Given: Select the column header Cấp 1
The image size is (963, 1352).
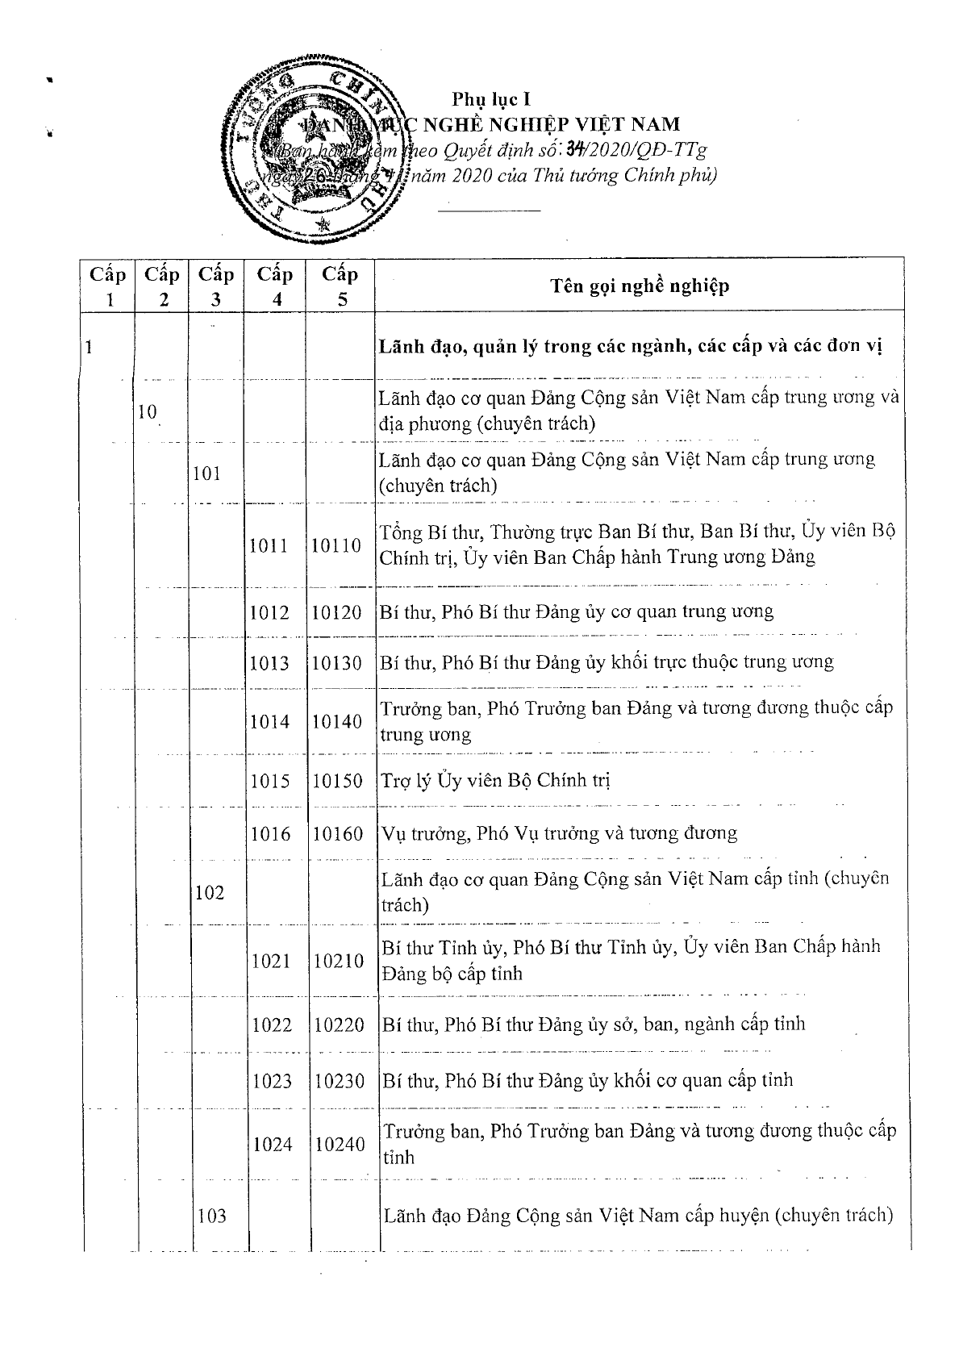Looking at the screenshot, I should pos(107,286).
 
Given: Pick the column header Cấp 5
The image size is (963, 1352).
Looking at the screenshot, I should pos(340,286).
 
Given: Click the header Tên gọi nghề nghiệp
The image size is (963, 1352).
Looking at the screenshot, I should pos(640,286).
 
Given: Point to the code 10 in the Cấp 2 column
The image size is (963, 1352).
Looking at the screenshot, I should pos(147,412).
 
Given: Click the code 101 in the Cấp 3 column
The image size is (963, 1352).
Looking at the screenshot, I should pos(207,473).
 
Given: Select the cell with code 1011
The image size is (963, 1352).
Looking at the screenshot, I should pos(269,545).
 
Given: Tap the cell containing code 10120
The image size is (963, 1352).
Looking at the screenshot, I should pos(336,612).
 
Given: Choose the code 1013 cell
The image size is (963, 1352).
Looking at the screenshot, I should pos(269,663).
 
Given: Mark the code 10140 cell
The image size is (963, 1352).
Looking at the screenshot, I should pos(336,721).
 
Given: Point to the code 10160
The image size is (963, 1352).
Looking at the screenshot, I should pos(337,833).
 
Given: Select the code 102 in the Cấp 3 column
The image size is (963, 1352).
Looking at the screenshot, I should pos(210,893).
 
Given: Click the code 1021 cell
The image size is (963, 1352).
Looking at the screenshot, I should pos(272,960).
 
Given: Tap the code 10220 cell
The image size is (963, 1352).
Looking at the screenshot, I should pos(339,1025).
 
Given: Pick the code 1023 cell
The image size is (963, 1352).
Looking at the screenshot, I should pos(272,1081).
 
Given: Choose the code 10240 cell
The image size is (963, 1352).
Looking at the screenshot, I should pos(340,1144).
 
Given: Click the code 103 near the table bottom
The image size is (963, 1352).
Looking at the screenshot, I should pos(211,1216).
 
